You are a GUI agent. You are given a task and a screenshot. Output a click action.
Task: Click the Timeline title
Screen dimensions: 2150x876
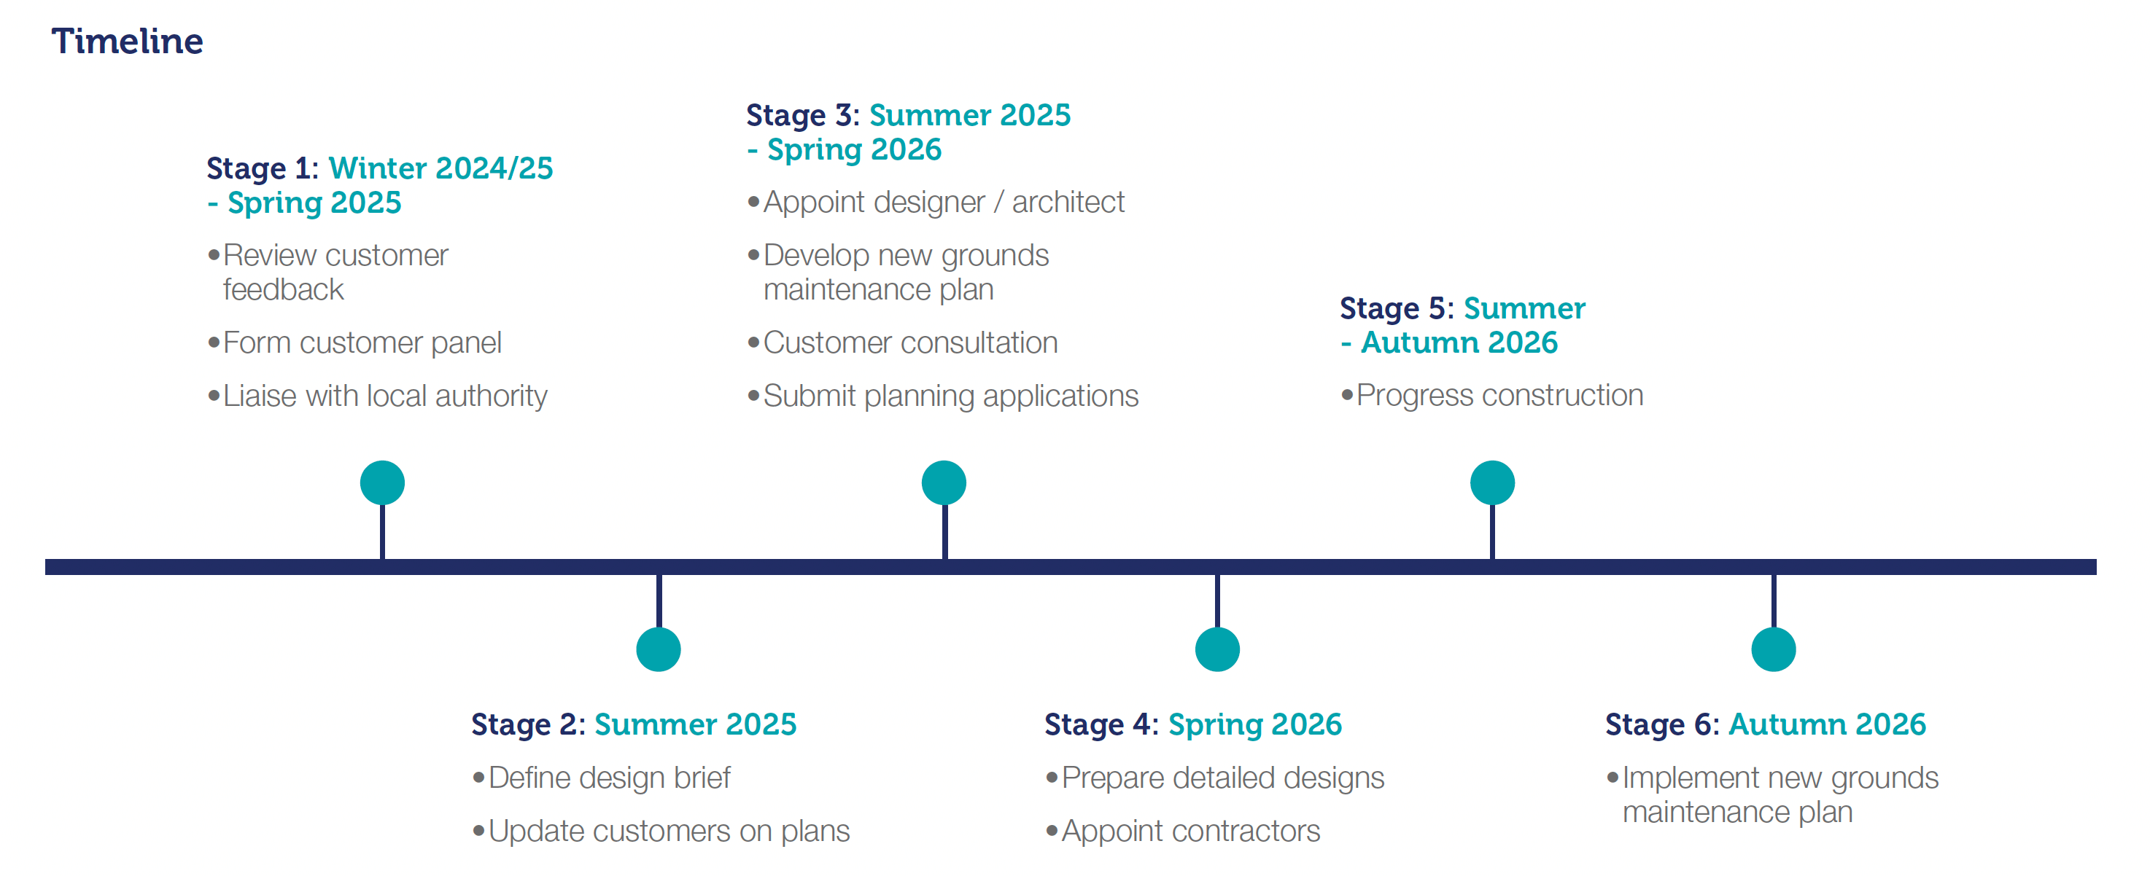point(127,41)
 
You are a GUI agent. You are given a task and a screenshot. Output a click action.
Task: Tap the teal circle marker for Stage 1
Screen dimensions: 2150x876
point(382,483)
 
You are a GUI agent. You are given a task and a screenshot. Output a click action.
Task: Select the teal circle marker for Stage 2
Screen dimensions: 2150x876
point(659,649)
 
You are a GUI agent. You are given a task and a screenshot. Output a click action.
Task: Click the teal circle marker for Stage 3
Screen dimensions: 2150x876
point(944,483)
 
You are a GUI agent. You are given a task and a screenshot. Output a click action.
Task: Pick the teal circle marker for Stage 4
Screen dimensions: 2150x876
point(1218,649)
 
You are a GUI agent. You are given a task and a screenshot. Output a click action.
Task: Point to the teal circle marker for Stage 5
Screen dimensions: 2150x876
point(1492,483)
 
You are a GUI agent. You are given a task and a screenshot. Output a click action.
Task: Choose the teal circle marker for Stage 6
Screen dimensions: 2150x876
point(1774,649)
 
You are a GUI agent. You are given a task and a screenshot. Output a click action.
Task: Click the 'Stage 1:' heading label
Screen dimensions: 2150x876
point(262,168)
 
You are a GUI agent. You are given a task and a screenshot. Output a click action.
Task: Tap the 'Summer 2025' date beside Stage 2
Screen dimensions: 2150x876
point(695,724)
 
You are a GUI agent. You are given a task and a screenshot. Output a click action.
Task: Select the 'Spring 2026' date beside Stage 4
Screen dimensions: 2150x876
point(1254,725)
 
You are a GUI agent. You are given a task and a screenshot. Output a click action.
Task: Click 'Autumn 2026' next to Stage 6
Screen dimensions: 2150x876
point(1827,724)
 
